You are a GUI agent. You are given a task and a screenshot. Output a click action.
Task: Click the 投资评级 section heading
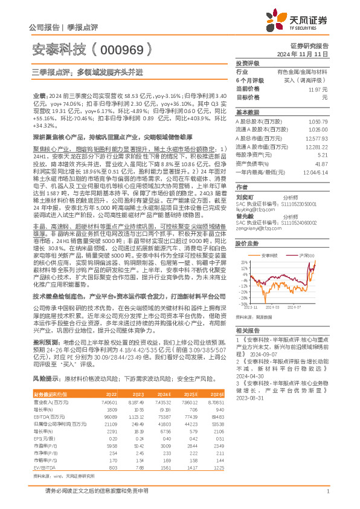click(247, 63)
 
